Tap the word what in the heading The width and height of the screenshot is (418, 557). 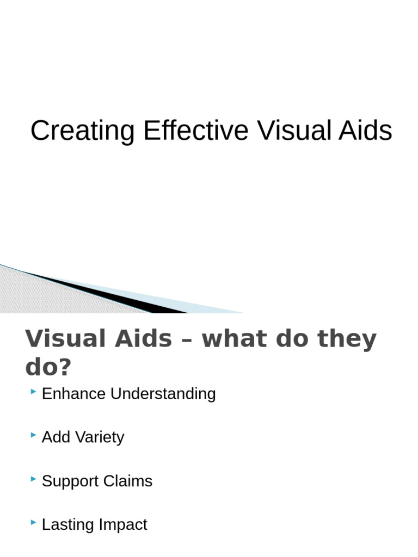(235, 338)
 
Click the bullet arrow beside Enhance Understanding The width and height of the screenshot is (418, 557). (34, 391)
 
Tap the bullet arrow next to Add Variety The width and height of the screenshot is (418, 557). (34, 435)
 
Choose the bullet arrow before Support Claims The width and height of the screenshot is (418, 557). (34, 479)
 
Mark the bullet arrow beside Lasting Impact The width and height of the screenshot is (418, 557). (34, 522)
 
